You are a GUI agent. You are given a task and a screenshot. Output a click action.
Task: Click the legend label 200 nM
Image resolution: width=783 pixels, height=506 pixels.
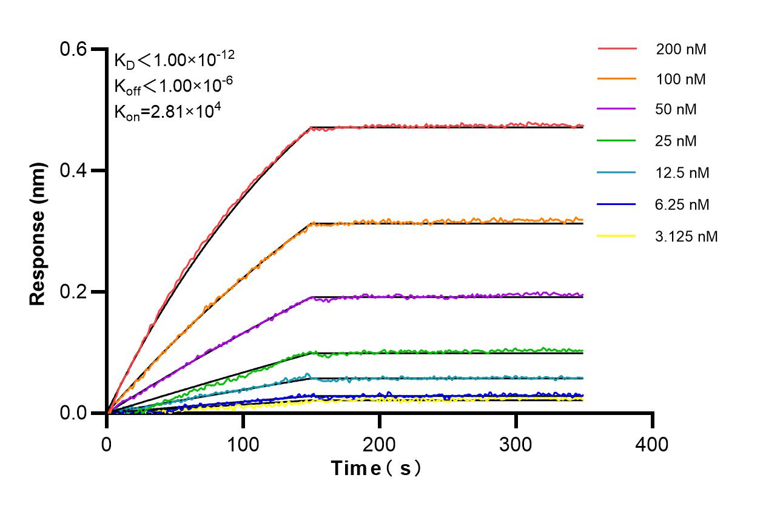click(x=681, y=49)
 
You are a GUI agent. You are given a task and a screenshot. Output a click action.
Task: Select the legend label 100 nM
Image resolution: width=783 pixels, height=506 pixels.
click(x=681, y=79)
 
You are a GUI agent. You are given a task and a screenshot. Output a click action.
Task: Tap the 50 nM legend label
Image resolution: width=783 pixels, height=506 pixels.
click(x=676, y=110)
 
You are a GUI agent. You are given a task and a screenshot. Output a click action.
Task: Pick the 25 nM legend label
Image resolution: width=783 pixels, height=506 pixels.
click(x=676, y=141)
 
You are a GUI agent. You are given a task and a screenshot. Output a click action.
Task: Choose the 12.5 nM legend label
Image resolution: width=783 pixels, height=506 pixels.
click(x=682, y=173)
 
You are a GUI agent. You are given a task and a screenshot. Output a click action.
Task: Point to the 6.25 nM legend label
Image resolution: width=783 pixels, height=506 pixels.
click(x=682, y=204)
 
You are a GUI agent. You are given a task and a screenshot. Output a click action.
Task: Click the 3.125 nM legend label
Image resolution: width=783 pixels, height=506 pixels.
click(x=687, y=236)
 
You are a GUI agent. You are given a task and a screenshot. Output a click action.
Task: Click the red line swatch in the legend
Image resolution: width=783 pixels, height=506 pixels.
click(x=617, y=48)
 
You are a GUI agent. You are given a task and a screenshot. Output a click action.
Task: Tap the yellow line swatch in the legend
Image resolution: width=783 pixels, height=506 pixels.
click(x=617, y=235)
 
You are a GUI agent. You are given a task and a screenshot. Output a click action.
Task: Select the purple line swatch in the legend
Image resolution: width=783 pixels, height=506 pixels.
click(x=617, y=109)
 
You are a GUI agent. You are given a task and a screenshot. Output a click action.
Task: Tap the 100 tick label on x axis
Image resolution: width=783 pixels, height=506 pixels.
click(x=243, y=444)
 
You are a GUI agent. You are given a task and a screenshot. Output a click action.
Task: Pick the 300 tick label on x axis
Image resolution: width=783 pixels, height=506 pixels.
click(x=516, y=444)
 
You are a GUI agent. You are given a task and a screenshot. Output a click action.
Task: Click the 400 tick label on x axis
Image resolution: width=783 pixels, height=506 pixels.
click(x=652, y=444)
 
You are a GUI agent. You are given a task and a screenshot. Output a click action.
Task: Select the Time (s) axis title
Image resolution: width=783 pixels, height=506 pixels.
click(x=376, y=468)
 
